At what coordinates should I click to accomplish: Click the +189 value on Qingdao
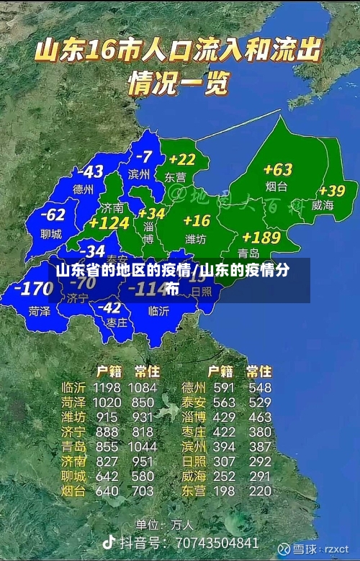click(x=261, y=237)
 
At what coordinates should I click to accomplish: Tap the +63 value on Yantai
click(x=277, y=170)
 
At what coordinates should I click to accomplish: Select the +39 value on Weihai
click(x=332, y=191)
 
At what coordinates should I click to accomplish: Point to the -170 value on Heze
click(x=33, y=290)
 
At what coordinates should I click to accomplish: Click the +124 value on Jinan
click(x=108, y=224)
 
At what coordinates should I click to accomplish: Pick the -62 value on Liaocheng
click(x=53, y=215)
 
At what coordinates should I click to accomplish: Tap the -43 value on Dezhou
click(x=91, y=172)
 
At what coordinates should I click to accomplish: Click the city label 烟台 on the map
click(x=276, y=187)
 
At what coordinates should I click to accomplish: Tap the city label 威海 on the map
click(x=323, y=205)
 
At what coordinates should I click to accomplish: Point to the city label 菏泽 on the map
click(x=40, y=312)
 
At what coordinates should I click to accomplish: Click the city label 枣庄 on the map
click(x=116, y=323)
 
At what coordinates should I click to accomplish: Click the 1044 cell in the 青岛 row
click(x=143, y=446)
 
